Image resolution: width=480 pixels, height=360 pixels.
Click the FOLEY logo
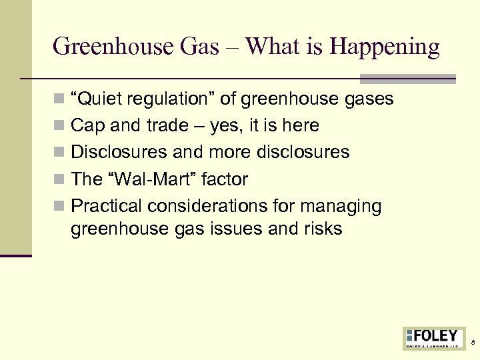point(434,337)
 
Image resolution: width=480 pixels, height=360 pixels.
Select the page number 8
point(473,342)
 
